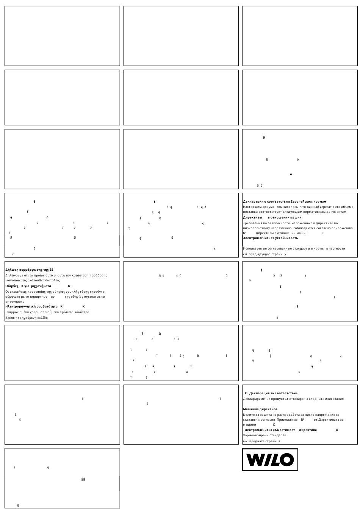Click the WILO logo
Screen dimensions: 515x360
(270, 460)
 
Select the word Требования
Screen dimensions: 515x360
(252, 223)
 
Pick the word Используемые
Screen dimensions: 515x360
(254, 248)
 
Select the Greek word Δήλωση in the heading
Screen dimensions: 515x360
(11, 270)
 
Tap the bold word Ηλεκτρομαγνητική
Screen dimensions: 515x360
(20, 306)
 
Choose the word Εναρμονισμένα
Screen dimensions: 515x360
(18, 312)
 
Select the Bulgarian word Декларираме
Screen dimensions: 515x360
(254, 399)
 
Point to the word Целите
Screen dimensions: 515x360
(249, 415)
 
